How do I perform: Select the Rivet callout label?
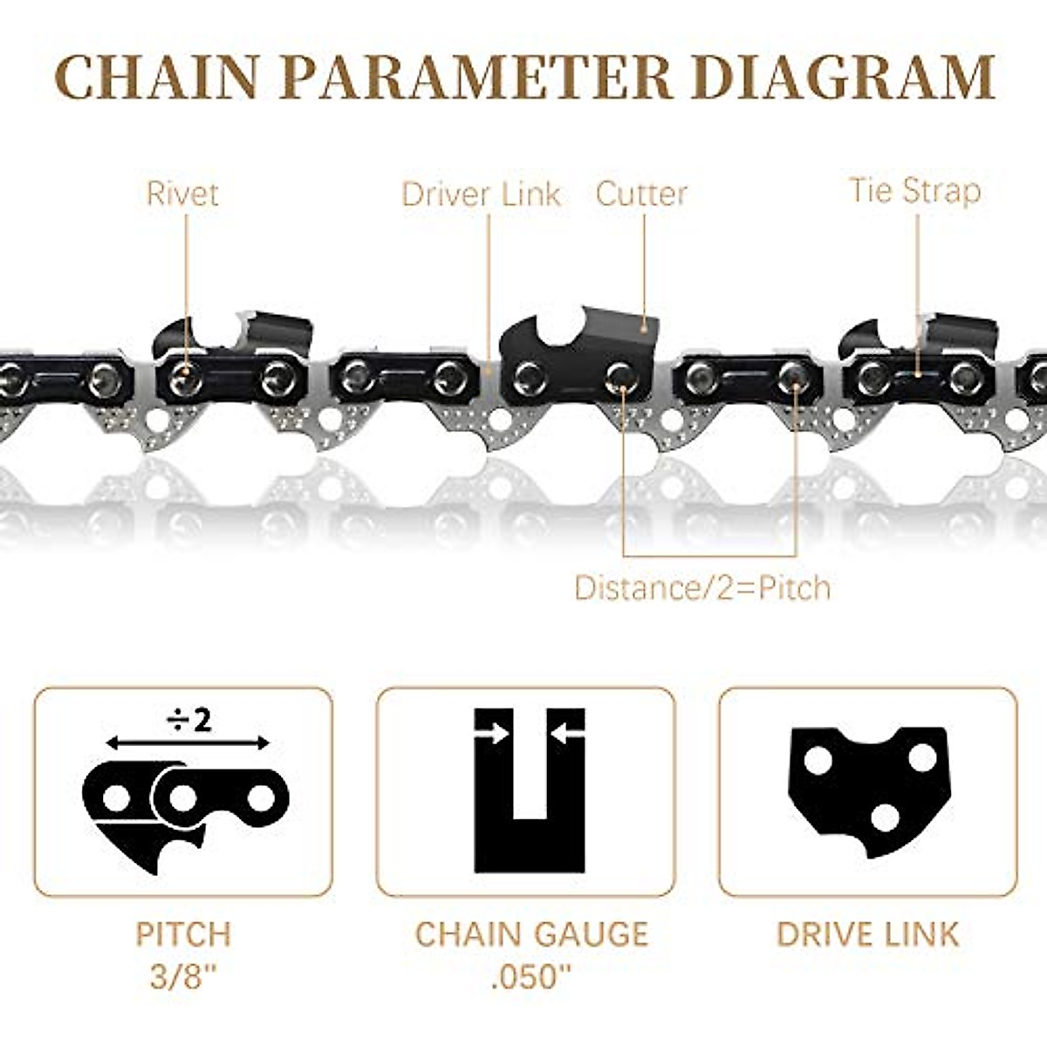[x=182, y=193]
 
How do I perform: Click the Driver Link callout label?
[x=481, y=194]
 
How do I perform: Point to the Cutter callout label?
[x=641, y=194]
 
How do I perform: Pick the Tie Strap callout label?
[x=915, y=190]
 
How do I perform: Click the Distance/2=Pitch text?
[x=702, y=588]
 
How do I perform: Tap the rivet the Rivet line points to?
[x=185, y=377]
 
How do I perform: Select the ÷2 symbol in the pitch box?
[x=188, y=720]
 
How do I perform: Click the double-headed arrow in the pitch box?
[x=188, y=742]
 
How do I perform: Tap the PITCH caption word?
[x=183, y=934]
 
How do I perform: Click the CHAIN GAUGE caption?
[x=531, y=934]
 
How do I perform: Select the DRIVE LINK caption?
[x=867, y=934]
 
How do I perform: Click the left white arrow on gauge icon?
[x=493, y=734]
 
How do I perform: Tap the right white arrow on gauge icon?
[x=567, y=734]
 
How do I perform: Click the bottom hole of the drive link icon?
[x=885, y=818]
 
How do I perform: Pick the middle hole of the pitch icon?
[x=182, y=797]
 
